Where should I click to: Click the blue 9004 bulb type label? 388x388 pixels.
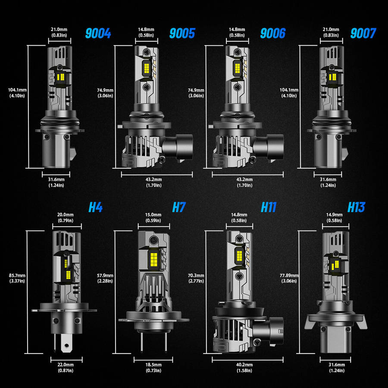coord(99,33)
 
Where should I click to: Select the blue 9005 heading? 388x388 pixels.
coord(182,33)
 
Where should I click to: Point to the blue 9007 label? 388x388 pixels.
coord(363,33)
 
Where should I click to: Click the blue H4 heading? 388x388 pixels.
coord(95,207)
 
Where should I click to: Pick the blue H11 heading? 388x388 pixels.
coord(268,207)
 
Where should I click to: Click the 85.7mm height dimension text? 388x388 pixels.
coord(17,278)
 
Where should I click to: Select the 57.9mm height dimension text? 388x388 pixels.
coord(105,278)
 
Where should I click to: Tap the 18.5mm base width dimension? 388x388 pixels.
coord(153,367)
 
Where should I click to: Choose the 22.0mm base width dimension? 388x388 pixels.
coord(66,367)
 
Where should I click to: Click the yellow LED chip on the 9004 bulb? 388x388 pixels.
coord(60,77)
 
